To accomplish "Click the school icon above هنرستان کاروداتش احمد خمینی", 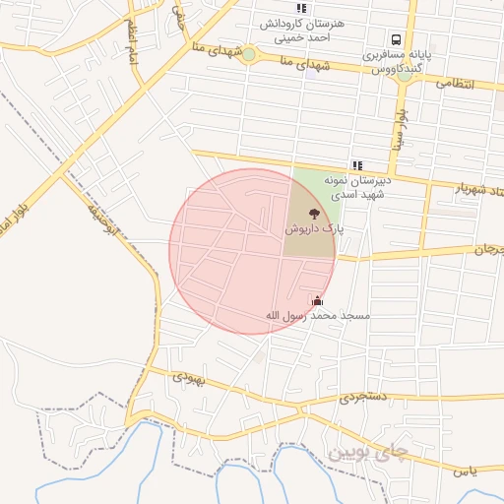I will pos(301,8).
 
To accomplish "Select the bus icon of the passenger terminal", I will pos(396,40).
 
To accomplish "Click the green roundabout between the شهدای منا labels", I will pos(249,54).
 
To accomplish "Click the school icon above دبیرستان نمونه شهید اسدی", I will pos(356,165).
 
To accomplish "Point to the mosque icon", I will pos(316,300).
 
